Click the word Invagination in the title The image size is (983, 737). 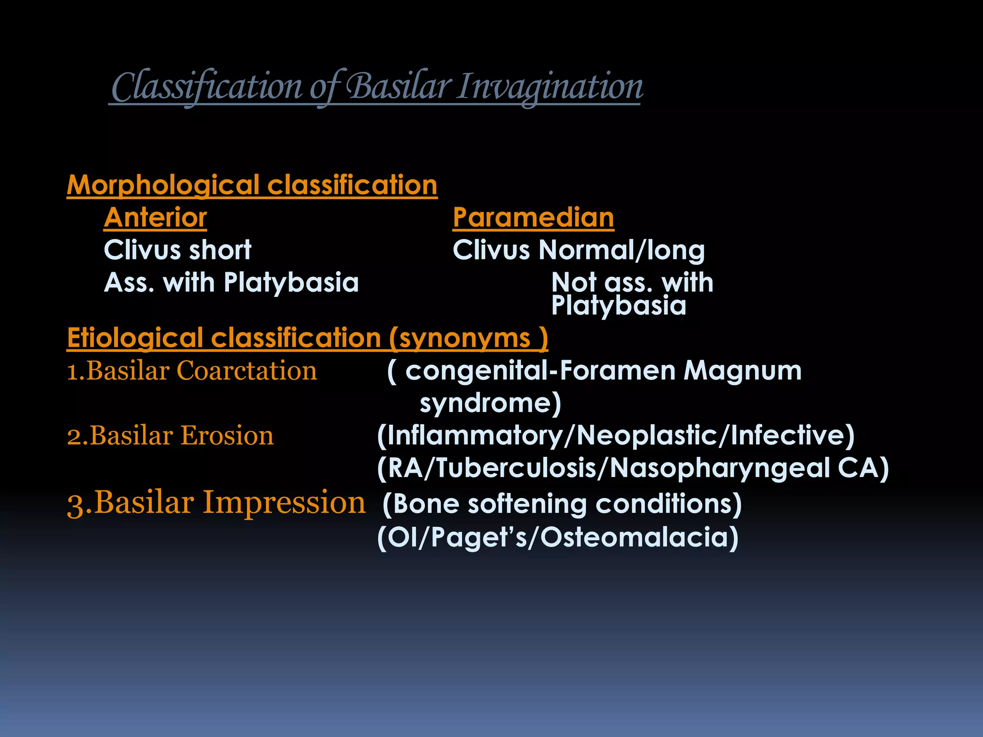[x=549, y=87]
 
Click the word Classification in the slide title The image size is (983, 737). [x=207, y=87]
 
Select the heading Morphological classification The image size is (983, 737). [x=252, y=185]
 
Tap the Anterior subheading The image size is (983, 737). [x=155, y=217]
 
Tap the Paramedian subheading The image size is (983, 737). [x=533, y=217]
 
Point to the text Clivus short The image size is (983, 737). [x=178, y=250]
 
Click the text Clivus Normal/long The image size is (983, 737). [x=578, y=250]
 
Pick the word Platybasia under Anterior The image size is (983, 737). [x=291, y=282]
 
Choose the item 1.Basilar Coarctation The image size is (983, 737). [x=192, y=371]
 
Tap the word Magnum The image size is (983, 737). [x=743, y=371]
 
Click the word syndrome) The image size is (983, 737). [x=490, y=403]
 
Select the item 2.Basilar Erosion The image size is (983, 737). [x=170, y=436]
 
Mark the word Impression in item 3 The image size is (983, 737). [x=284, y=503]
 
